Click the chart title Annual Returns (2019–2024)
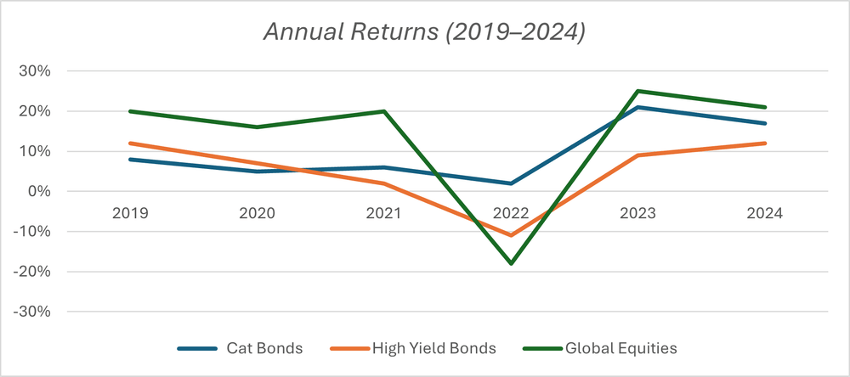point(424,32)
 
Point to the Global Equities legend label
point(623,348)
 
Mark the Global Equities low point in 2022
point(511,263)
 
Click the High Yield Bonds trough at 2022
point(511,235)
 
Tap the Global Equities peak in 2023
point(638,91)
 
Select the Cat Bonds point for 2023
point(638,107)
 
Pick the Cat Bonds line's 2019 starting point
point(129,160)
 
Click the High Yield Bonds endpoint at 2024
point(765,143)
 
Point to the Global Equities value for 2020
point(257,127)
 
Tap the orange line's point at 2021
point(384,183)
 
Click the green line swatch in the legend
point(541,348)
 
